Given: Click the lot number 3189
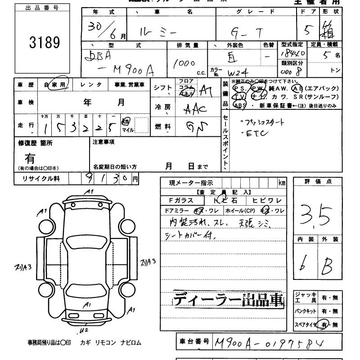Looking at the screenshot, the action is (44, 42).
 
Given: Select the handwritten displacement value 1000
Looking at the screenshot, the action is (183, 63).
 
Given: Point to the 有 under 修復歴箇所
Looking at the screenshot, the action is (30, 158).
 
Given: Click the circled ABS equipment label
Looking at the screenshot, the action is (239, 105).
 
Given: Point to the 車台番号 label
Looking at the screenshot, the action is (192, 342).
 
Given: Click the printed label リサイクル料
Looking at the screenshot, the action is (41, 179).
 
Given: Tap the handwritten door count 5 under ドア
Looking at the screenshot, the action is (308, 30).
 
